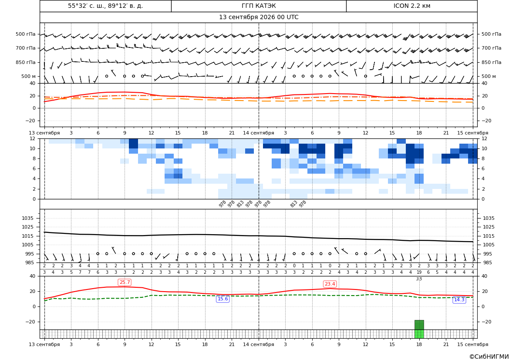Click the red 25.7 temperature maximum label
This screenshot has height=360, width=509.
[125, 283]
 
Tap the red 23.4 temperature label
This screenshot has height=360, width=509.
[330, 284]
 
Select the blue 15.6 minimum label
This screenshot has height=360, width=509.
[222, 299]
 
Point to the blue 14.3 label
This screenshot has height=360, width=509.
[459, 299]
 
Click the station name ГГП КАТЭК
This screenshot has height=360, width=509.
[259, 6]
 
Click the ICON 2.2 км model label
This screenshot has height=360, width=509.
[411, 6]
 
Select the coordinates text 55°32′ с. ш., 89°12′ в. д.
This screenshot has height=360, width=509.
[105, 6]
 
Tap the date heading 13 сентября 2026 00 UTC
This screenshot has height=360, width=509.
[259, 17]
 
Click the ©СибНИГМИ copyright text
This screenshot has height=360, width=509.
[489, 357]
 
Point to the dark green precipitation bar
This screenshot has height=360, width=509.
[419, 325]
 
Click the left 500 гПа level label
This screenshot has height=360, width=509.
[26, 34]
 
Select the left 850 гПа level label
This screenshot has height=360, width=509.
[26, 62]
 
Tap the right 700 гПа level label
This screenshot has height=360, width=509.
[492, 48]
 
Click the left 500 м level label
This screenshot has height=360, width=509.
[29, 76]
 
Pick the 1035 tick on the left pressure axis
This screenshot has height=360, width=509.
[29, 218]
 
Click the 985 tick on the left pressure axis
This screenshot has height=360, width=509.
[30, 262]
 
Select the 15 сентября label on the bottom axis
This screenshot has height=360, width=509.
[473, 344]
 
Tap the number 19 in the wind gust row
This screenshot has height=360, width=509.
[419, 273]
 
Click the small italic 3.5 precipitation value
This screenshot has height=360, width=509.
[419, 279]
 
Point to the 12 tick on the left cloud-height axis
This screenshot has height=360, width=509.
[33, 138]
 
